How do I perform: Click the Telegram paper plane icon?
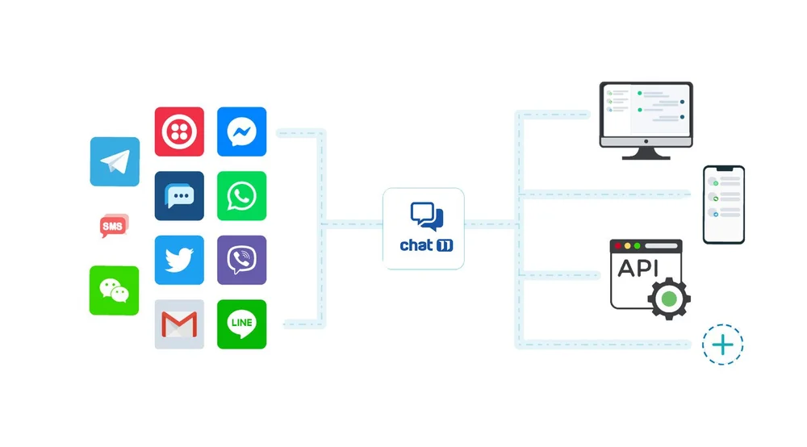click(115, 161)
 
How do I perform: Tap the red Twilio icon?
click(179, 132)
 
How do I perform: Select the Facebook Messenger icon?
click(241, 132)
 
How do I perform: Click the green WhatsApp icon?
click(241, 195)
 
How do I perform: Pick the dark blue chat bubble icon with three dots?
click(179, 195)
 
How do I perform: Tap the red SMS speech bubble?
click(114, 226)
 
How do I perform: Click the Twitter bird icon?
click(179, 260)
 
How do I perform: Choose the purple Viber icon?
click(241, 260)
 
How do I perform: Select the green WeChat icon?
click(114, 290)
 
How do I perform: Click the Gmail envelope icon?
click(179, 324)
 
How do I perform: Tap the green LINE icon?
click(241, 324)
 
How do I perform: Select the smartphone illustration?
click(723, 204)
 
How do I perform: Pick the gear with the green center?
click(668, 299)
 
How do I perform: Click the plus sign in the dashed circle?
click(722, 345)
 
